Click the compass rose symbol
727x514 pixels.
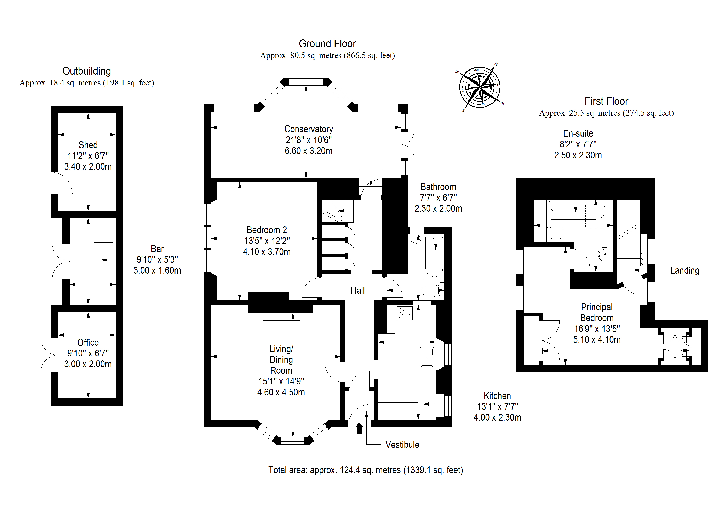click(x=480, y=86)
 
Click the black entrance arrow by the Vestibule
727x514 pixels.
click(x=359, y=428)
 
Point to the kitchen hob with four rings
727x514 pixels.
click(x=404, y=313)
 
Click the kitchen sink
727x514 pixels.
click(x=427, y=357)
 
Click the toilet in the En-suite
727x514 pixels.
click(x=556, y=233)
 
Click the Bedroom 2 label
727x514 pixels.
click(x=267, y=230)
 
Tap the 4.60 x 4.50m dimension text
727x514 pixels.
click(x=281, y=392)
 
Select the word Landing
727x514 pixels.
click(x=685, y=270)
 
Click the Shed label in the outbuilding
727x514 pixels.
click(x=88, y=145)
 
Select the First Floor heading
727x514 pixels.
click(x=606, y=101)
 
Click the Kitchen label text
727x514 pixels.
click(x=497, y=396)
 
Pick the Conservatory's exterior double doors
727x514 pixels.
click(x=408, y=145)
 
